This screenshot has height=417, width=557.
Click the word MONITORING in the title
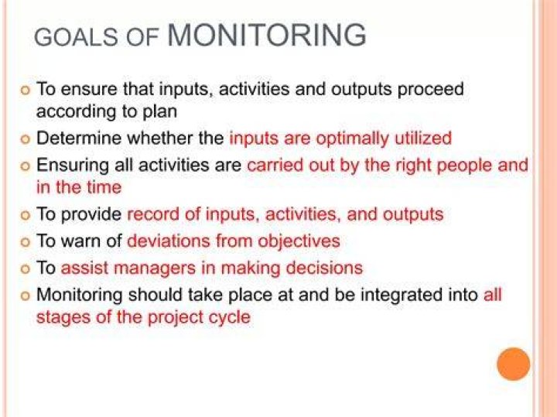(266, 35)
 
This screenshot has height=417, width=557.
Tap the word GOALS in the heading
(76, 38)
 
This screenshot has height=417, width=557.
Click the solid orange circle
(514, 364)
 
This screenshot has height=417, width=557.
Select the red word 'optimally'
(353, 139)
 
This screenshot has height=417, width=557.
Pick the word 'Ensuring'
(73, 166)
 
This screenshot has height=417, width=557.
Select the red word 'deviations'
(169, 241)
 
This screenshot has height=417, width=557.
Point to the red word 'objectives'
(299, 242)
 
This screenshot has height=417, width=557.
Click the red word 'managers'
(155, 268)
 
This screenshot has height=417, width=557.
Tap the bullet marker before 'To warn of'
(25, 242)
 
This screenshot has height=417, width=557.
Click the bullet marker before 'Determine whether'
(25, 139)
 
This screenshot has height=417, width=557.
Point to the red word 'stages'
(63, 318)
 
